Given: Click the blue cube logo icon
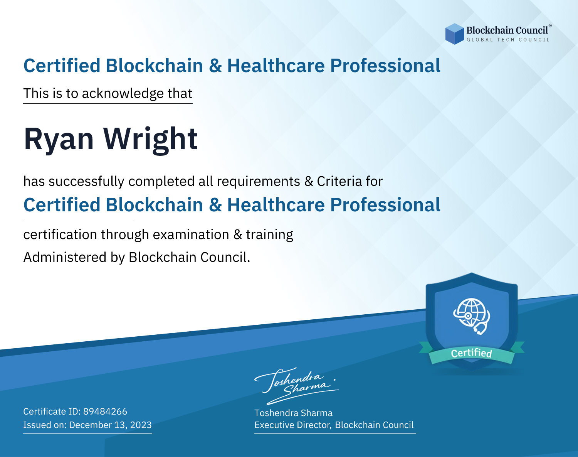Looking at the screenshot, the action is tap(454, 34).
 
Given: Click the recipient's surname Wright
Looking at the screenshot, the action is tap(151, 140).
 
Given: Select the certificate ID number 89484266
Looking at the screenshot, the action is tap(105, 411).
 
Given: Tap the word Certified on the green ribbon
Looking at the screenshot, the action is tap(471, 353).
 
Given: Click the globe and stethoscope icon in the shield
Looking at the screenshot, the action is tap(472, 316).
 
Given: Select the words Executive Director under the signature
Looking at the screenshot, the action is tap(292, 425).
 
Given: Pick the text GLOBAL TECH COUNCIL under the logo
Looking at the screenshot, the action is tap(508, 40).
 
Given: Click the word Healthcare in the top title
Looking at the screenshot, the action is tap(276, 66).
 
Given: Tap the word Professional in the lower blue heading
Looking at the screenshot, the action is tap(385, 205).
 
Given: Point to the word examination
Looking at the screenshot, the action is tap(191, 234).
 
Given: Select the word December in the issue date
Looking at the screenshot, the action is tap(90, 425).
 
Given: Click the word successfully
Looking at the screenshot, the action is tap(86, 182).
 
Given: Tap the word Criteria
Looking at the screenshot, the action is tap(339, 181).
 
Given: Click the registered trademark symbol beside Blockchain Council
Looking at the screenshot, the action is tap(550, 26).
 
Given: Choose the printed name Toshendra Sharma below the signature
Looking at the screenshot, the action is tap(293, 413).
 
